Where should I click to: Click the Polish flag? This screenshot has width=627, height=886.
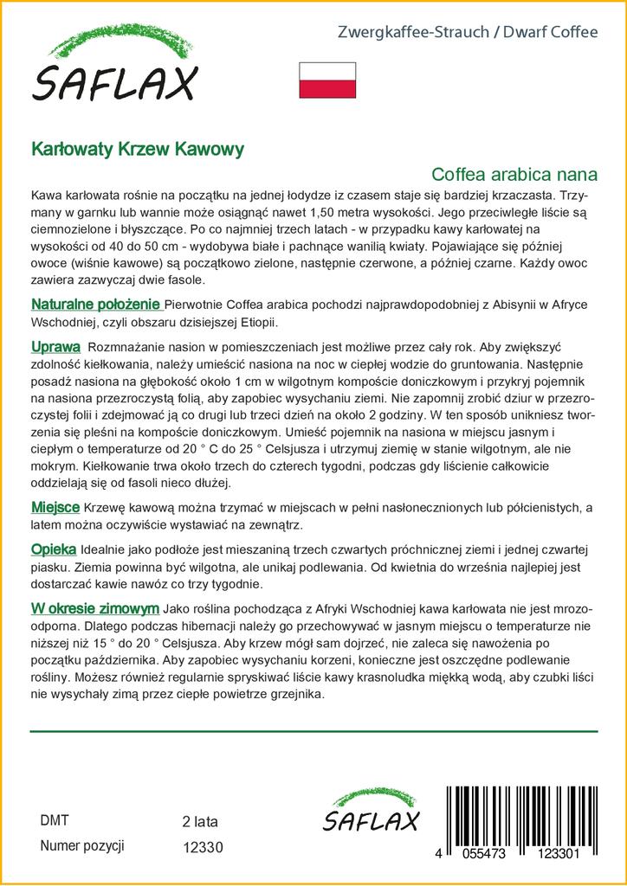coord(326,80)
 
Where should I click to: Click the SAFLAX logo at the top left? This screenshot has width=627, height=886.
coord(116,69)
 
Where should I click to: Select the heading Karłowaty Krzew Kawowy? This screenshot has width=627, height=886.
coord(138,148)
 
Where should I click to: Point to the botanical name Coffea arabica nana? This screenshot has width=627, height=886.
coord(514,172)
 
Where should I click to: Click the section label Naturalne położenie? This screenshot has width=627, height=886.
coord(95,305)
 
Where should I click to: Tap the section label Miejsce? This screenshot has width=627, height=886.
coord(55,506)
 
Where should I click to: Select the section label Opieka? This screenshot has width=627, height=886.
coord(54,549)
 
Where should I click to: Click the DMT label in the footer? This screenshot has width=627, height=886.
coord(55,820)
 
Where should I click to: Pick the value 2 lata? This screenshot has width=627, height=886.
coord(199,821)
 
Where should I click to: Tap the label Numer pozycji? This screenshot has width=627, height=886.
coord(83,844)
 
